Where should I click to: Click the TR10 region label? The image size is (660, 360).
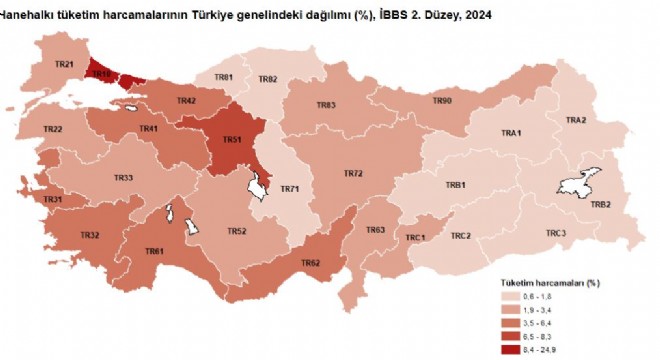[100, 73]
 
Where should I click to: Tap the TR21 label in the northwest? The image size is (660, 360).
[64, 65]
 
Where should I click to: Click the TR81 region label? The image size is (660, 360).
[224, 78]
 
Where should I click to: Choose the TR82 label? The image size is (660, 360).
[267, 79]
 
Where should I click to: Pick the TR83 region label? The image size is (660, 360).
[326, 106]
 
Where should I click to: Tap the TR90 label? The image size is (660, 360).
[442, 101]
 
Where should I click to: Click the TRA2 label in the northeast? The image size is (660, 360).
[575, 121]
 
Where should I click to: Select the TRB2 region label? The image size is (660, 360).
[600, 204]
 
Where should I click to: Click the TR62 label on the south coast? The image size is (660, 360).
[310, 263]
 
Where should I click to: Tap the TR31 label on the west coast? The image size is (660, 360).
[53, 200]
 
